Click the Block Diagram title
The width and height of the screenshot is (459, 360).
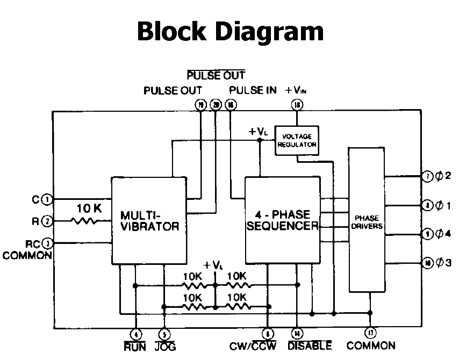[x=230, y=31]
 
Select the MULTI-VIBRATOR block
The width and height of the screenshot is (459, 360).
[x=149, y=220]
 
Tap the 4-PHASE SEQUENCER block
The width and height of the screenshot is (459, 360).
[x=282, y=220]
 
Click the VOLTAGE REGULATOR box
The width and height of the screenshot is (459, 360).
[x=296, y=141]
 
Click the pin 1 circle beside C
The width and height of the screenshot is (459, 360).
[x=47, y=199]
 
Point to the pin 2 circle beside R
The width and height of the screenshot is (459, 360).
[x=47, y=220]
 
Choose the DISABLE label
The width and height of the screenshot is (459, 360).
[x=310, y=346]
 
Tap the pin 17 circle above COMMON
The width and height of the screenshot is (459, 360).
[x=370, y=333]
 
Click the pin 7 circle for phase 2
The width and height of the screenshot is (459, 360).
[x=426, y=176]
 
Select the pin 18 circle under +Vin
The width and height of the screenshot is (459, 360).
[x=297, y=105]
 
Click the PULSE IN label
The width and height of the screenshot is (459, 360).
[x=253, y=90]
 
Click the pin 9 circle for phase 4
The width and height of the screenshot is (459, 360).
[x=426, y=234]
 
